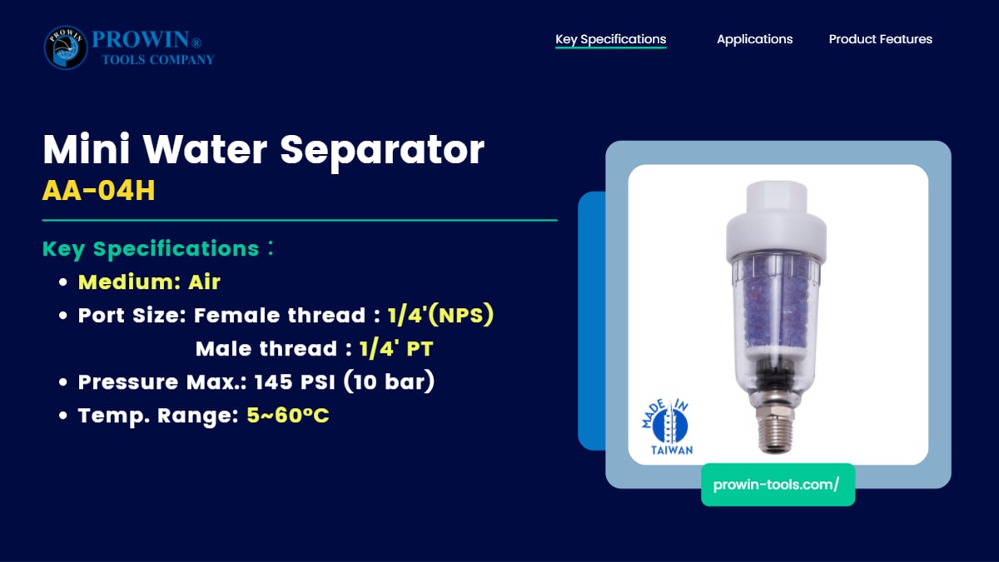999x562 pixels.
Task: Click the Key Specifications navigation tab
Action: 610,39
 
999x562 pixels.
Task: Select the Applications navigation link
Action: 754,39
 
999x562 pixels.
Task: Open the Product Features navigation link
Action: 881,39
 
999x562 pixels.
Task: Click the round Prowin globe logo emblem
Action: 66,47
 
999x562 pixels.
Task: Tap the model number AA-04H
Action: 98,191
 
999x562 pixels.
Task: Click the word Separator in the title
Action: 382,150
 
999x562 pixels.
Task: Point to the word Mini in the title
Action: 86,148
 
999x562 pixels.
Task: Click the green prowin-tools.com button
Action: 778,485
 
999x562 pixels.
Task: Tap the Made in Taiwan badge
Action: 667,427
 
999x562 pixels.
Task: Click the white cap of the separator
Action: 776,221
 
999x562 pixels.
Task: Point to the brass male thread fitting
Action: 775,428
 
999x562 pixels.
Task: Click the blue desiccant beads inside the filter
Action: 776,303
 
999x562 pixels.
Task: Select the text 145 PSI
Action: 295,382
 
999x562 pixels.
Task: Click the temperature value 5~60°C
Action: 288,415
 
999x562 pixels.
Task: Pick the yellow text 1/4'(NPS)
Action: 440,315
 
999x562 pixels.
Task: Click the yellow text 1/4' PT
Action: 396,349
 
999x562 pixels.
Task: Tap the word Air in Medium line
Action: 204,282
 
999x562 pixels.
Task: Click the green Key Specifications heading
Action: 151,248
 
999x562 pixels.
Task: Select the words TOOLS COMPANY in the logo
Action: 158,60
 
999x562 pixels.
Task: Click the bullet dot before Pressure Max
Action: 63,382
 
